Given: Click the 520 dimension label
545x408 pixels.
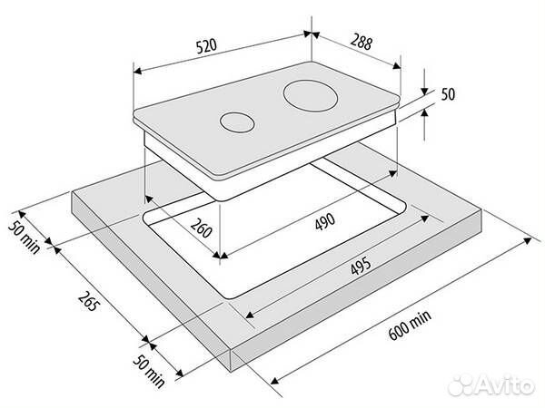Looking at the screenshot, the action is (206, 46).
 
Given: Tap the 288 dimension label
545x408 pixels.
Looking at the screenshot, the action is (362, 42).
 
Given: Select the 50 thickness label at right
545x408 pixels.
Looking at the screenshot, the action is (448, 94).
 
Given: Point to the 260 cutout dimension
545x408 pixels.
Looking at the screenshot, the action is (202, 228).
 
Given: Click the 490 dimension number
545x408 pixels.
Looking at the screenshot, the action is (325, 221).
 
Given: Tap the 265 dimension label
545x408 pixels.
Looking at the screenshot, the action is (89, 301).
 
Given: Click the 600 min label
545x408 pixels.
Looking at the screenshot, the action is (410, 325).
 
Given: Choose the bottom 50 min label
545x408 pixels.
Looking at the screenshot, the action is (148, 371).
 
